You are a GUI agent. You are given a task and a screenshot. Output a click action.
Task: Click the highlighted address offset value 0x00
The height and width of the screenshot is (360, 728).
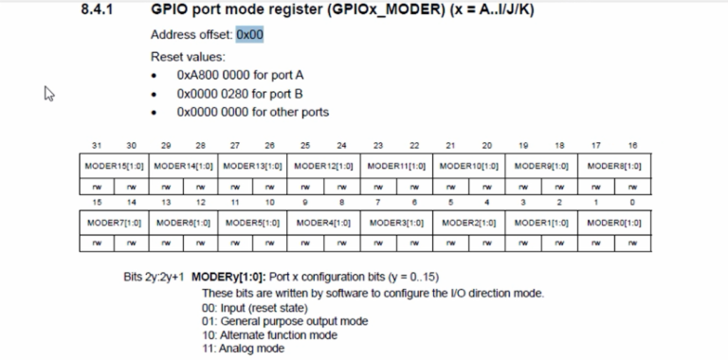coord(250,34)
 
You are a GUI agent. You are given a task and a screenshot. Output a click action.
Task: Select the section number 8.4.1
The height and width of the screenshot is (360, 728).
coord(97,9)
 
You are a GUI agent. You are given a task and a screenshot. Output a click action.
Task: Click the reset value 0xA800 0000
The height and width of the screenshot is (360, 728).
coord(213,75)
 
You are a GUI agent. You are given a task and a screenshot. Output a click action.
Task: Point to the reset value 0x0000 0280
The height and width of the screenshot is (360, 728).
coord(213,94)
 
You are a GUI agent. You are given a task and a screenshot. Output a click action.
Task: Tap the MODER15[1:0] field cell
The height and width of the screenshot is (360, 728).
coord(114,166)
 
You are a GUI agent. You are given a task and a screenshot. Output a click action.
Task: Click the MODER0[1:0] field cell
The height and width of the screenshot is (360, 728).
coord(614,224)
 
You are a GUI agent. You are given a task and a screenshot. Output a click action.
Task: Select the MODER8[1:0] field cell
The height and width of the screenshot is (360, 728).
coord(614,166)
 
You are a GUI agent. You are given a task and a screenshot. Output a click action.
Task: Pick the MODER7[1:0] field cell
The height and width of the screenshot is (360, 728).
coord(114,224)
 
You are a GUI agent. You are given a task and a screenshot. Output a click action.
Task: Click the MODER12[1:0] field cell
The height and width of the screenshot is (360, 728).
coord(323,166)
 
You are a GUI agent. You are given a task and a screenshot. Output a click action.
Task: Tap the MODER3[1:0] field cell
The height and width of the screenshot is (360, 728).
coord(396,224)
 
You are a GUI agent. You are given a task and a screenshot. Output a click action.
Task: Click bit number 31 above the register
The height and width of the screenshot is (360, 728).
coord(97,146)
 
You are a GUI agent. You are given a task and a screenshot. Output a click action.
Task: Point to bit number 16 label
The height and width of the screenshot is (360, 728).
coord(632,146)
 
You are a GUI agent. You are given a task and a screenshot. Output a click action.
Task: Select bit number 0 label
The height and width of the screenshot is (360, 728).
coord(632,203)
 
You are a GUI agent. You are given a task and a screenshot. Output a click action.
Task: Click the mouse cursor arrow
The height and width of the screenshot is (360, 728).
coord(49,93)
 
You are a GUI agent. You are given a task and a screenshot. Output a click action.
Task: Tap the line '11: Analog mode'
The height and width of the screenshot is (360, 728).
coord(244,349)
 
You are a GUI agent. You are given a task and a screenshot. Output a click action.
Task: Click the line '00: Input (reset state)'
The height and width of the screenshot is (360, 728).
coord(255,308)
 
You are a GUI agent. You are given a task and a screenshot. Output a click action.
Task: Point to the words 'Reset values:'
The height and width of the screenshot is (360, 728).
coord(188,57)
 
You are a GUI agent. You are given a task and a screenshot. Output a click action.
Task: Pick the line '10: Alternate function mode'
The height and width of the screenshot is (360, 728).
coord(270,335)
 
